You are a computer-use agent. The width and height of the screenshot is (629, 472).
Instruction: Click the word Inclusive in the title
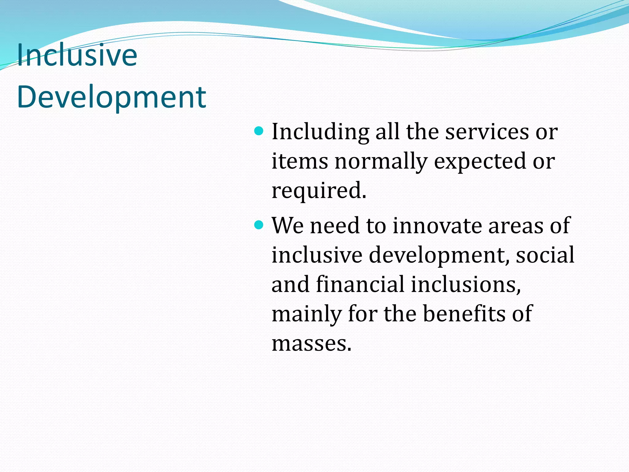[77, 55]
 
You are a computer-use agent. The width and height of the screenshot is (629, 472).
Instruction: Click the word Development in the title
[111, 98]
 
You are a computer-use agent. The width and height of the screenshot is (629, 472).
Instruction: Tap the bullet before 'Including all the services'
[259, 132]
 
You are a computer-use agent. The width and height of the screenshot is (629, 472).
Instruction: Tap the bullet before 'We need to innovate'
[259, 225]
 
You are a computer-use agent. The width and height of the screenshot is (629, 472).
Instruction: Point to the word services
[487, 132]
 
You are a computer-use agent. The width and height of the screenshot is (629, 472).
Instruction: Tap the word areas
[516, 226]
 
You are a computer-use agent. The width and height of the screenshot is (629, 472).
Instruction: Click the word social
[545, 255]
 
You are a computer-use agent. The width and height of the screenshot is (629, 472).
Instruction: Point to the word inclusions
[465, 284]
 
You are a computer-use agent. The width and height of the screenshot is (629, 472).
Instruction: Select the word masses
[311, 343]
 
